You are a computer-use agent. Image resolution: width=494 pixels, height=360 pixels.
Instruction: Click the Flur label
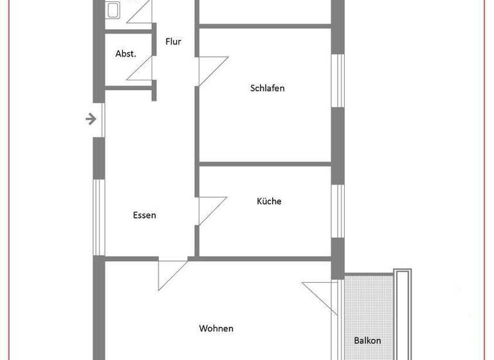pyautogui.click(x=173, y=42)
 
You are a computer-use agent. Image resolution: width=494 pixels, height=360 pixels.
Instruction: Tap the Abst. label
pyautogui.click(x=125, y=54)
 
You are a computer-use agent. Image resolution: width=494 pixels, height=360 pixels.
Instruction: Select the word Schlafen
pyautogui.click(x=267, y=88)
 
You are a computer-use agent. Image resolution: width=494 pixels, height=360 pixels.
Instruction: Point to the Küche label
pyautogui.click(x=269, y=201)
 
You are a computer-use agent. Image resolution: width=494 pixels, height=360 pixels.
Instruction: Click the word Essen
pyautogui.click(x=144, y=215)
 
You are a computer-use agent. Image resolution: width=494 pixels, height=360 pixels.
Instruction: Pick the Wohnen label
pyautogui.click(x=216, y=328)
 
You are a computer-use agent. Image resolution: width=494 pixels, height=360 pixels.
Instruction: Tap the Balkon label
pyautogui.click(x=367, y=341)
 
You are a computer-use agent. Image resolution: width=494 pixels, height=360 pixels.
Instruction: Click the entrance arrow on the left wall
pyautogui.click(x=91, y=119)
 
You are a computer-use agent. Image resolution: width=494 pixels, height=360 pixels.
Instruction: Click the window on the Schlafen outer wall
pyautogui.click(x=337, y=80)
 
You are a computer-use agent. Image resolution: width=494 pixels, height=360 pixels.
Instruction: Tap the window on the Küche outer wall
pyautogui.click(x=337, y=211)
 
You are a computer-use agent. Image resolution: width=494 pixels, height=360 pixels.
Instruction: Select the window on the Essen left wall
pyautogui.click(x=98, y=217)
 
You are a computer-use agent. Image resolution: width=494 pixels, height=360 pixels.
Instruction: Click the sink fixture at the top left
pyautogui.click(x=113, y=9)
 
